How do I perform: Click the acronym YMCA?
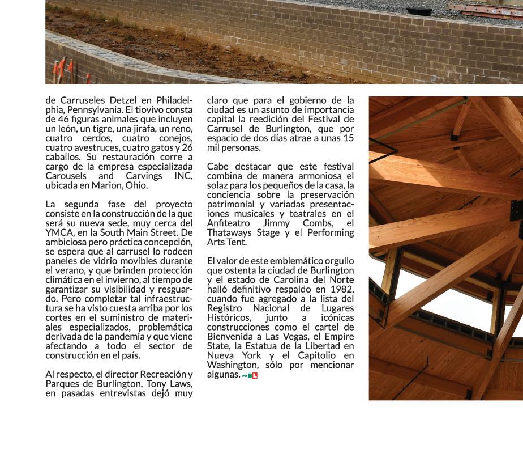[x=58, y=232]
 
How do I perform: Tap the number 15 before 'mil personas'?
[x=348, y=138]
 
